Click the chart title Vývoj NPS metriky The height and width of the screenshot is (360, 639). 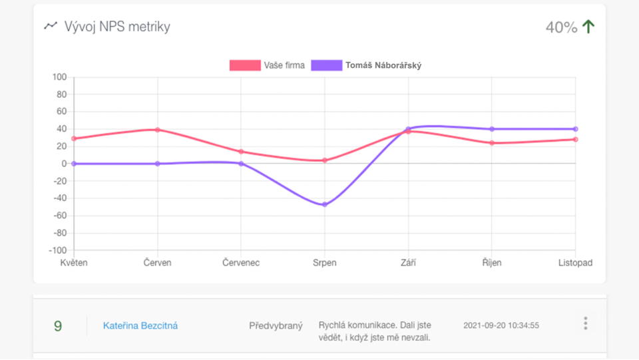(x=117, y=27)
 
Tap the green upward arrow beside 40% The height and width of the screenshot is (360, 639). (x=588, y=27)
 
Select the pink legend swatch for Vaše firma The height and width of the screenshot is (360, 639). (x=244, y=65)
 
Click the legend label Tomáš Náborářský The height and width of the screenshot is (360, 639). (x=383, y=65)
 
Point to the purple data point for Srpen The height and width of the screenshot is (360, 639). (x=325, y=204)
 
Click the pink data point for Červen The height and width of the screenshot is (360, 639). (x=158, y=130)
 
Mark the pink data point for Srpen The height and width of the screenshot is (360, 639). (x=325, y=160)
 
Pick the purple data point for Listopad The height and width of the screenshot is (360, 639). (x=576, y=129)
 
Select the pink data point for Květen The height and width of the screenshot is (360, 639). (x=74, y=138)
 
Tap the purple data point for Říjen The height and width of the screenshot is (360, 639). (x=492, y=129)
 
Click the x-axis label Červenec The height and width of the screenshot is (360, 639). (x=241, y=263)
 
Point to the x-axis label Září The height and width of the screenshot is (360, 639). (x=409, y=263)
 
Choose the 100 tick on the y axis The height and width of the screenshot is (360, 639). (x=59, y=77)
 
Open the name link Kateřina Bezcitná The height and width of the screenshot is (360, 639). (x=140, y=325)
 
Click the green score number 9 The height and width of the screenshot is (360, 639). (x=58, y=326)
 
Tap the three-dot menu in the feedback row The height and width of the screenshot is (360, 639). (x=586, y=323)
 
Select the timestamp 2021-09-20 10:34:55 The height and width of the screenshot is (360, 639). (x=501, y=325)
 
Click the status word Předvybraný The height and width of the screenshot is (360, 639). (x=276, y=325)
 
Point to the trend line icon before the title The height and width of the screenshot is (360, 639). (x=51, y=26)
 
